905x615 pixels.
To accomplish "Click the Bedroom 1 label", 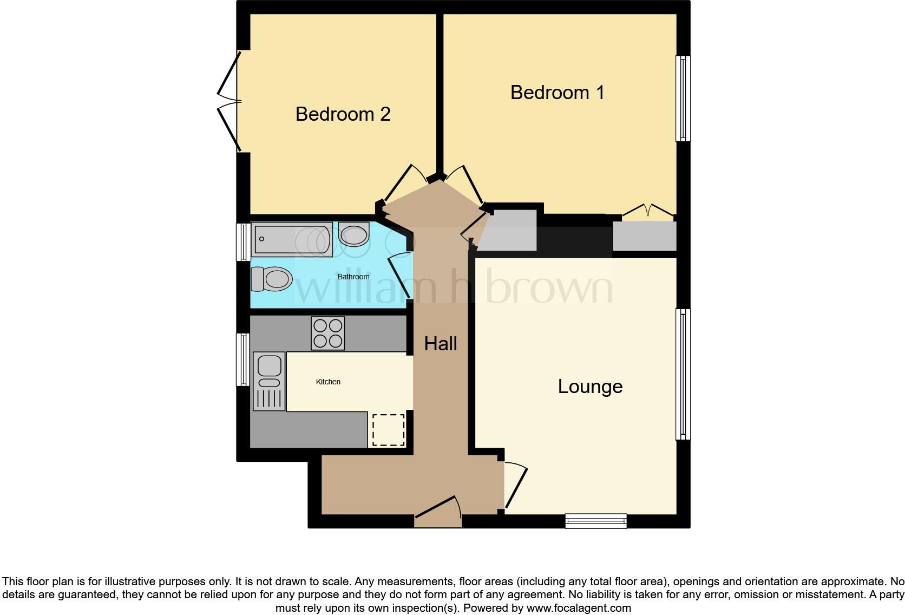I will [x=557, y=93].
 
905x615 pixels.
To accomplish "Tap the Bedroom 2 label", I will [x=343, y=114].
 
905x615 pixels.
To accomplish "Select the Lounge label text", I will [x=590, y=387].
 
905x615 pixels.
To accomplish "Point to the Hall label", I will [x=440, y=344].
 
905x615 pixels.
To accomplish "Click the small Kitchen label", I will [x=328, y=382].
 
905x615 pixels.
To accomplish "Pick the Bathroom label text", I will [x=353, y=277].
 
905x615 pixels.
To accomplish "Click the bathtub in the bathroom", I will [x=292, y=239].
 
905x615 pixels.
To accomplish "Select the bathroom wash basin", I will [x=354, y=235].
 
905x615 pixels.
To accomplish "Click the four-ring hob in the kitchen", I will [x=328, y=333].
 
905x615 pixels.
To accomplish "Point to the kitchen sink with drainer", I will [x=269, y=381].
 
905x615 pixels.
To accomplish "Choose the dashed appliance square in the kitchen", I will [x=388, y=430].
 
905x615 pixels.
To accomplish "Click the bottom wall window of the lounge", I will [x=596, y=521].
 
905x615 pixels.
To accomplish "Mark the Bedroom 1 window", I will [x=683, y=98].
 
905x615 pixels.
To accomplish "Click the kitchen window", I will [x=243, y=359].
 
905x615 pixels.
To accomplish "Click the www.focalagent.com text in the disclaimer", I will [x=579, y=608].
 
